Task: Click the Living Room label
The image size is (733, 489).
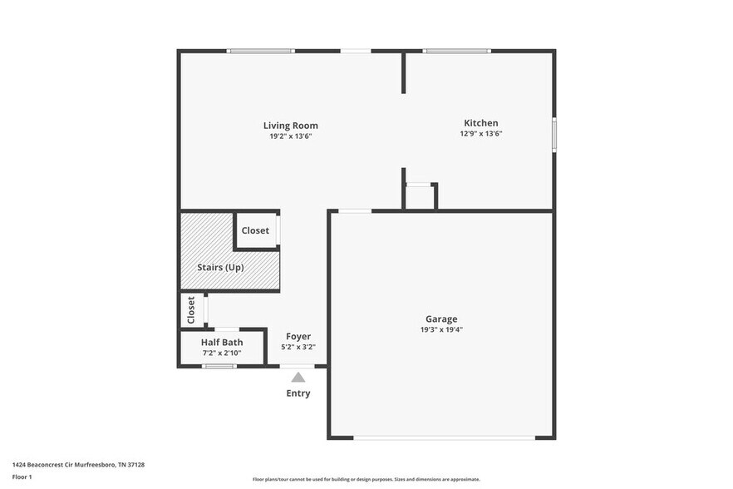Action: [x=291, y=126]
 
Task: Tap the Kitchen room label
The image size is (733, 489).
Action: [x=481, y=123]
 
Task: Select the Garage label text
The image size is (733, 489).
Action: [x=441, y=319]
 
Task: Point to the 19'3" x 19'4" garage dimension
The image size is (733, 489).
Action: [x=441, y=329]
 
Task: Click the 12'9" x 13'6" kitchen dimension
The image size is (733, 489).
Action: [x=481, y=134]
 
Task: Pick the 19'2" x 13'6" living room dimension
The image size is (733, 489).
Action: [x=291, y=136]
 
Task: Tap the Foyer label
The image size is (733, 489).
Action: [x=298, y=336]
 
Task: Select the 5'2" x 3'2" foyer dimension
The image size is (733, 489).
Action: [x=298, y=347]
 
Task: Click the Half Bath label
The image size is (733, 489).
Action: [x=222, y=342]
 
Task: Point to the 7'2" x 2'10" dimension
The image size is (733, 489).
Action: [x=222, y=353]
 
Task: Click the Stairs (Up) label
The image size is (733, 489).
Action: [x=220, y=268]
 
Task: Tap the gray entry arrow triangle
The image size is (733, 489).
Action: [x=298, y=378]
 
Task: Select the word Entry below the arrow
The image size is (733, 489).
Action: [x=298, y=393]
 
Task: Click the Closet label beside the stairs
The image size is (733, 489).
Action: [x=255, y=230]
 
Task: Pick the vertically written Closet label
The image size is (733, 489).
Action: [x=191, y=310]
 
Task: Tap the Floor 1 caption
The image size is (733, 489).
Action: [x=22, y=477]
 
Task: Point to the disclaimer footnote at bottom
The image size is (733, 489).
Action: [x=366, y=479]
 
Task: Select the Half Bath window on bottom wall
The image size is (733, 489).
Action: [x=219, y=366]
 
